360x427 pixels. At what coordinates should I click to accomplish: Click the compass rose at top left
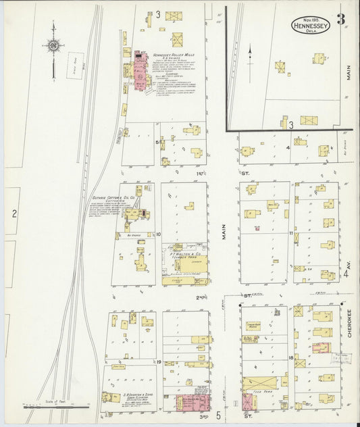53,46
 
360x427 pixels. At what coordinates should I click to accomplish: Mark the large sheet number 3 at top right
342,19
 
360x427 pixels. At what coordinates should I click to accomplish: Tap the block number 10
157,234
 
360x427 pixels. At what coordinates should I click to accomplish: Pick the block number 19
157,362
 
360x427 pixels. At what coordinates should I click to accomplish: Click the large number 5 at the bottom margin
217,415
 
